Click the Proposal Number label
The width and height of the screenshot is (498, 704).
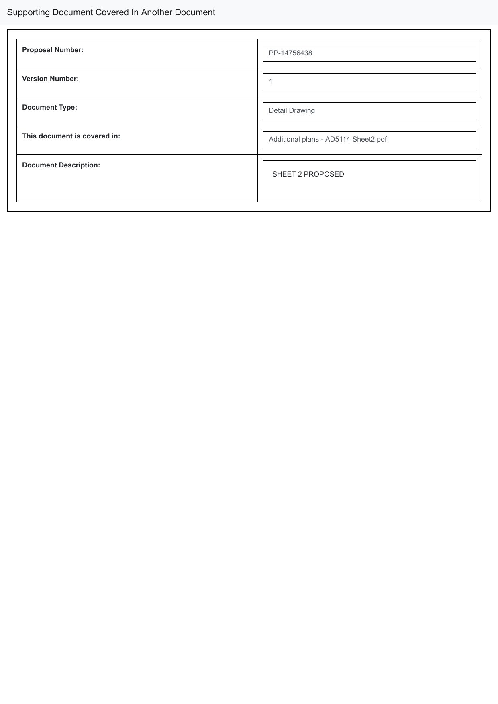click(x=53, y=50)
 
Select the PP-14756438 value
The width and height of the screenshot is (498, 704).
click(x=290, y=53)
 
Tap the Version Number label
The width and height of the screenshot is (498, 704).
click(x=50, y=79)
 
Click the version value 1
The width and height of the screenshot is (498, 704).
click(x=271, y=82)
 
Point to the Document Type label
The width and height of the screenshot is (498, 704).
click(x=49, y=107)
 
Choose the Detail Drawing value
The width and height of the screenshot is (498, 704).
click(x=292, y=110)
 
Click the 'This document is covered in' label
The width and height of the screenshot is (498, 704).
click(x=71, y=136)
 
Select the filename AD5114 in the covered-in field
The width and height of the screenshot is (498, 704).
click(x=338, y=139)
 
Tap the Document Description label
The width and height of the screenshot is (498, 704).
click(x=61, y=165)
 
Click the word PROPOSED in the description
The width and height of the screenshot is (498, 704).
click(x=324, y=174)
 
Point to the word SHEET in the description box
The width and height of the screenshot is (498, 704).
click(x=284, y=174)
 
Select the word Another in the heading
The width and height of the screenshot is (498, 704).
click(x=157, y=12)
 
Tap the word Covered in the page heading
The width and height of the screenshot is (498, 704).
click(x=112, y=12)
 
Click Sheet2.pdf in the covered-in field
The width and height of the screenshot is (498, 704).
click(x=369, y=139)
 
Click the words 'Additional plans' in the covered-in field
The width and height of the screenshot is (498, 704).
click(x=294, y=139)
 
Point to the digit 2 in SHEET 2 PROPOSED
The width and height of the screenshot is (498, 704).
click(x=300, y=174)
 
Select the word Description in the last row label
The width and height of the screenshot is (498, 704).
click(x=80, y=165)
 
